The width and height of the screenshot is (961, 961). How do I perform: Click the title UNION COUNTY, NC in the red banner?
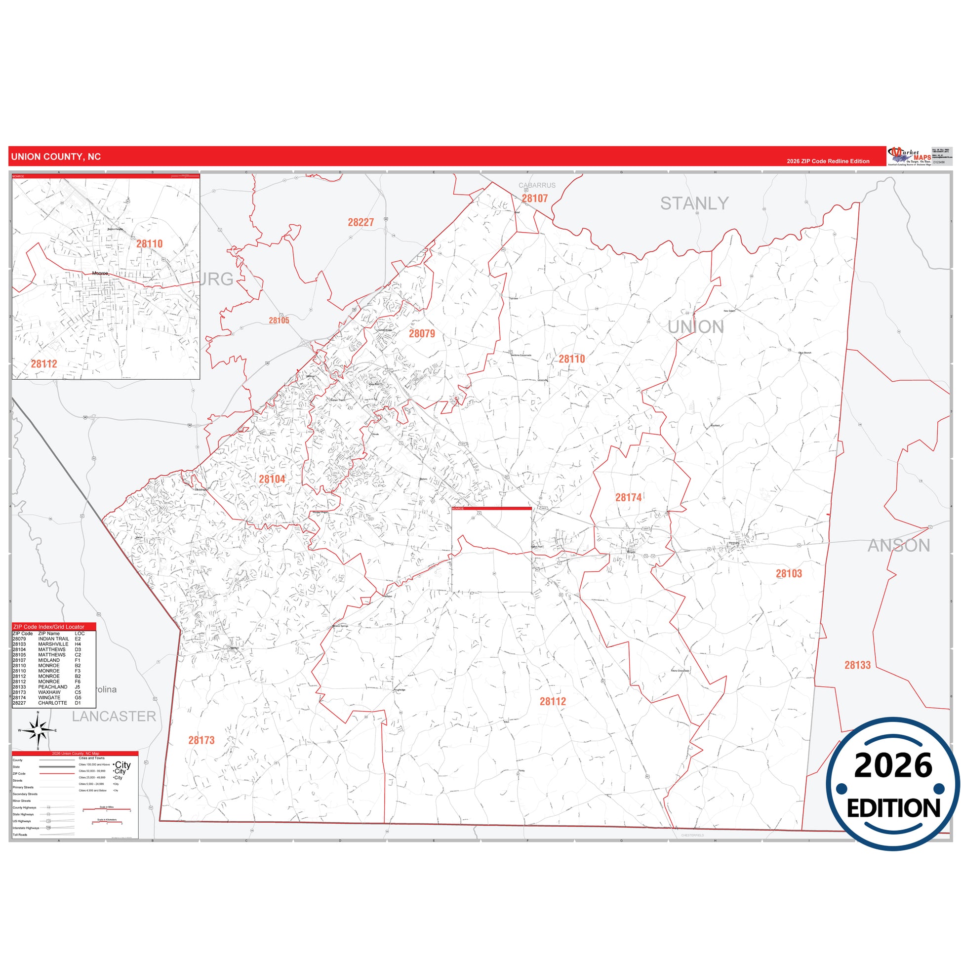click(56, 157)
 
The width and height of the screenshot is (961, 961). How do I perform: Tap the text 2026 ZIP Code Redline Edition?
click(828, 161)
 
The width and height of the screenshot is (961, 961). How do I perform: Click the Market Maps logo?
click(910, 156)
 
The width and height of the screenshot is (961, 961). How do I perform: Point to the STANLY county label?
click(694, 203)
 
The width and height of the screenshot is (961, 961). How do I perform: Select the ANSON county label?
click(898, 546)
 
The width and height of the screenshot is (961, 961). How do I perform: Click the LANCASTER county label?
click(114, 716)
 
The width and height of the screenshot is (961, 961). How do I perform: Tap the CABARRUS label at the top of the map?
click(537, 186)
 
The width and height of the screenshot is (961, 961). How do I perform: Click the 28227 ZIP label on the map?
click(360, 222)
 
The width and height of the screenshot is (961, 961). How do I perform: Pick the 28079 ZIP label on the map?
click(422, 334)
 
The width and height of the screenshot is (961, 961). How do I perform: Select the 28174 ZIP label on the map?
click(628, 497)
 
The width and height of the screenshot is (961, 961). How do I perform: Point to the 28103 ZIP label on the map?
click(789, 573)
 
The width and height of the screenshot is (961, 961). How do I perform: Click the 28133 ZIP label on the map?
click(857, 665)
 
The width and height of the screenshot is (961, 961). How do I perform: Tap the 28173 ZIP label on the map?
click(201, 740)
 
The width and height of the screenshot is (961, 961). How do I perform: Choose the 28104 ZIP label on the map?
click(272, 479)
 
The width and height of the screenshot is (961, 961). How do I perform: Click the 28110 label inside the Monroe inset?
click(149, 244)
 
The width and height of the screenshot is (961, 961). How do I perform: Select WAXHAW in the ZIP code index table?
click(49, 692)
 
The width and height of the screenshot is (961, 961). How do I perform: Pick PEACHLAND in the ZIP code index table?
click(52, 687)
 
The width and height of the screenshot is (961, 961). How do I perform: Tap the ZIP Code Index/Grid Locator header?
click(48, 627)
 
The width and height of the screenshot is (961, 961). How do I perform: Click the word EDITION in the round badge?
click(893, 808)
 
